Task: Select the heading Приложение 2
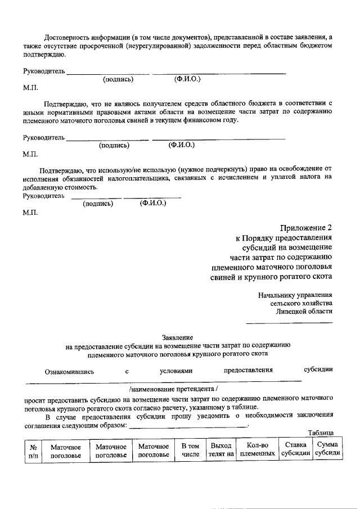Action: [306, 228]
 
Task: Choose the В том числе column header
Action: [190, 450]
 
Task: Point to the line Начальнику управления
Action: [295, 295]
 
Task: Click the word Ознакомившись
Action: [70, 371]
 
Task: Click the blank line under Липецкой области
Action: [289, 322]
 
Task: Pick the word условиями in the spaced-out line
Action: [176, 371]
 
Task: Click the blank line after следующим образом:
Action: [188, 426]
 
